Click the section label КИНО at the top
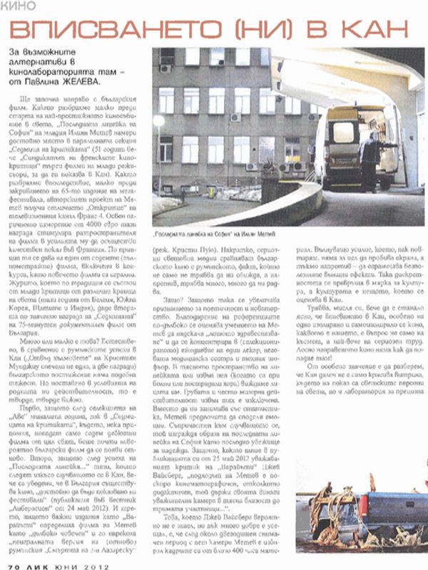[19, 8]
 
